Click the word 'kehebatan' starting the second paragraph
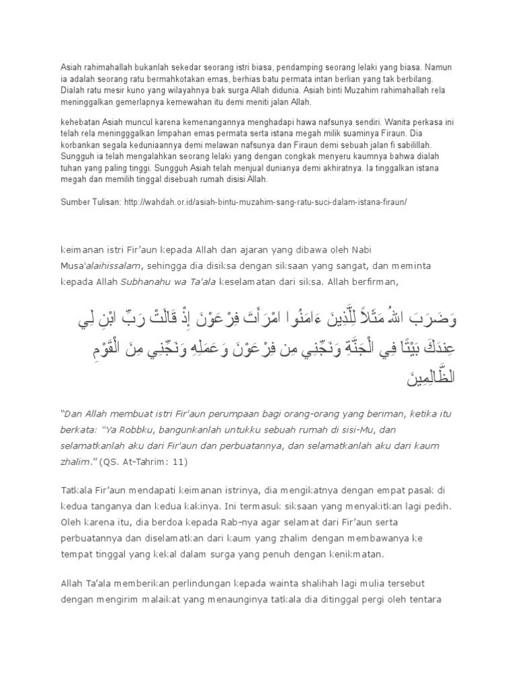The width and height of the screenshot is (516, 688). pyautogui.click(x=69, y=122)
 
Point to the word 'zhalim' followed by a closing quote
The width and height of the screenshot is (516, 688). pyautogui.click(x=75, y=462)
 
